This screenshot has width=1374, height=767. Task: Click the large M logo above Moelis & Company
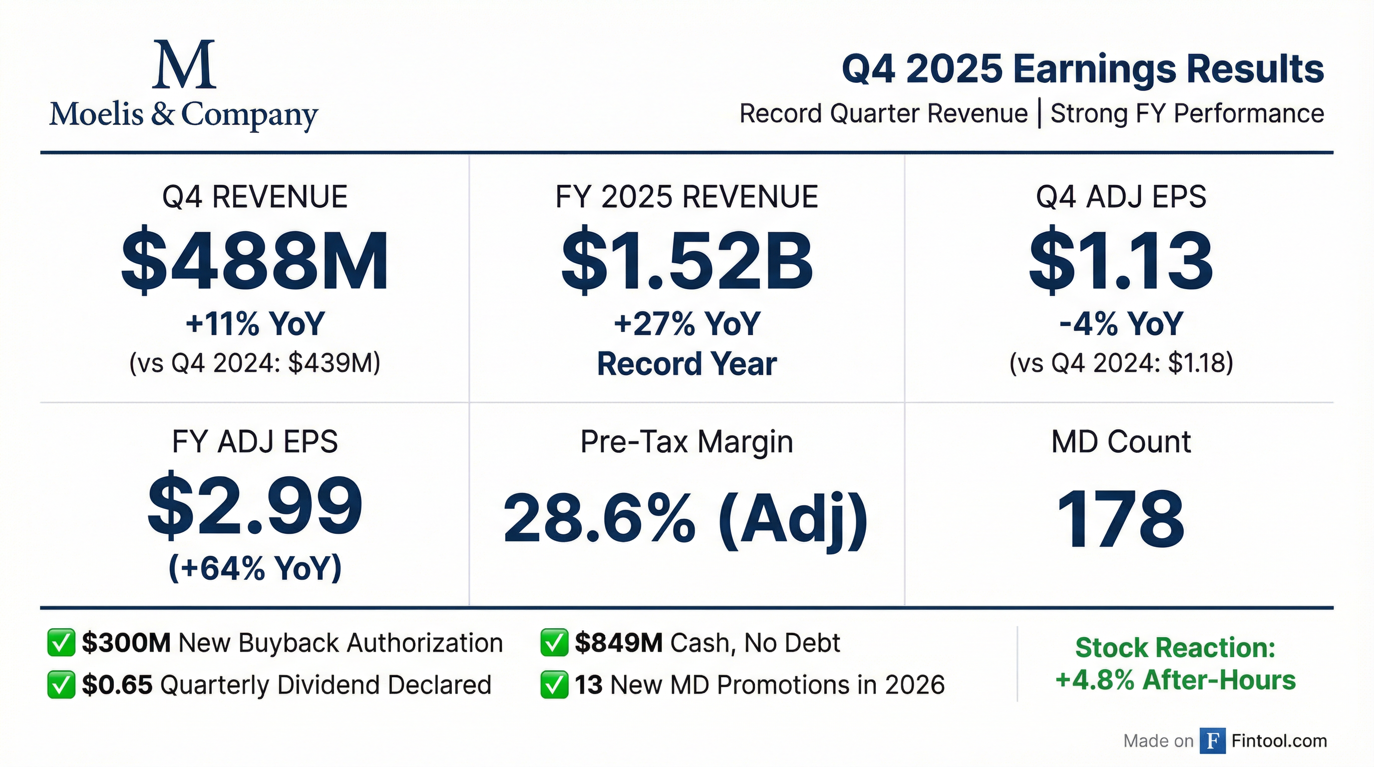pyautogui.click(x=184, y=64)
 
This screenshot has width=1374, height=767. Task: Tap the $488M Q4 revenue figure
pyautogui.click(x=255, y=261)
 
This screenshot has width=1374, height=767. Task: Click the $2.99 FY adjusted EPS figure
pyautogui.click(x=255, y=505)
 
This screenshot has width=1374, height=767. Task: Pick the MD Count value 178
pyautogui.click(x=1121, y=519)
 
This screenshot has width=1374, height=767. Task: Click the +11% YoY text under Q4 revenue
pyautogui.click(x=255, y=324)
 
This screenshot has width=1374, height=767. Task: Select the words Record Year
pyautogui.click(x=687, y=365)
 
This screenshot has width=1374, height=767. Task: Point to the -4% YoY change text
pyautogui.click(x=1121, y=324)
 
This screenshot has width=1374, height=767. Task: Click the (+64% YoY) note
pyautogui.click(x=255, y=568)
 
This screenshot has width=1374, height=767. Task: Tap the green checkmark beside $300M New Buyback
pyautogui.click(x=61, y=642)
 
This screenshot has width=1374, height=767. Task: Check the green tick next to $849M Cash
pyautogui.click(x=554, y=642)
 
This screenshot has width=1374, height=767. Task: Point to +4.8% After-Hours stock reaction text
pyautogui.click(x=1176, y=681)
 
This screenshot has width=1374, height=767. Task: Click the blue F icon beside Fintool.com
pyautogui.click(x=1212, y=741)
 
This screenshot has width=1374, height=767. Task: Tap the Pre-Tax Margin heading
pyautogui.click(x=687, y=441)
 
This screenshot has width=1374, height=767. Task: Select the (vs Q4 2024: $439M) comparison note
pyautogui.click(x=255, y=364)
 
